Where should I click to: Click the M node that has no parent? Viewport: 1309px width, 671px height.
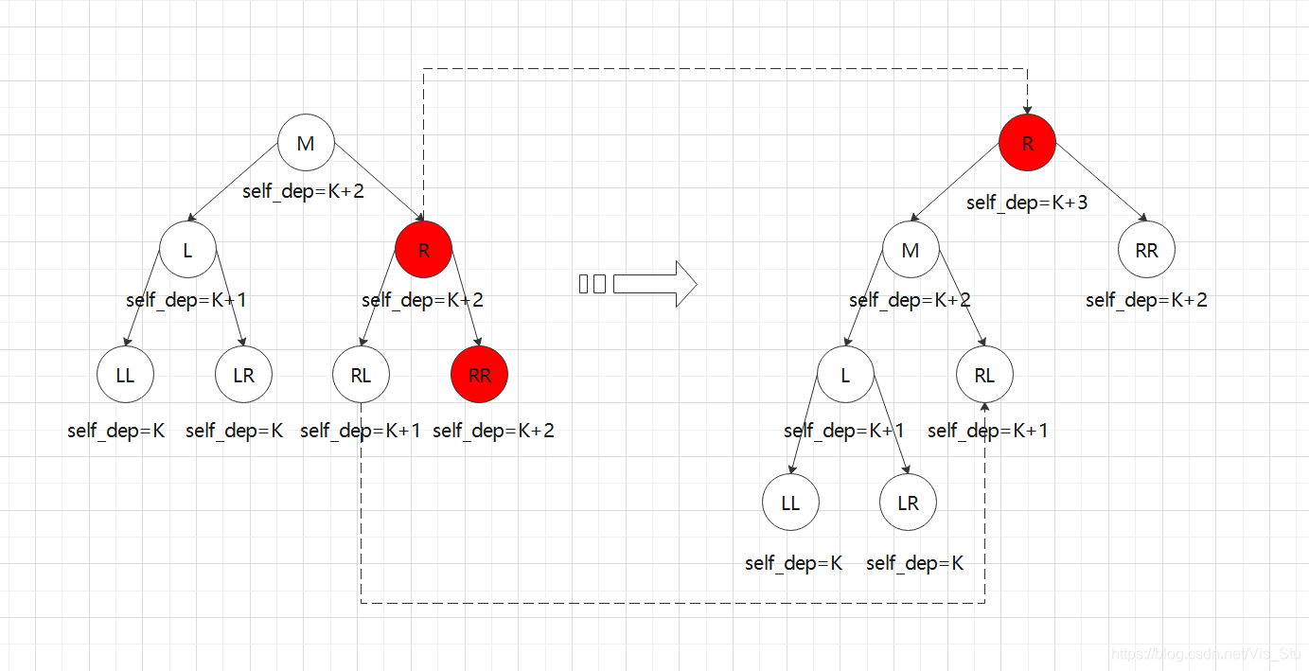306,143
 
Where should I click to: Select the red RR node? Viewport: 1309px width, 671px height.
480,375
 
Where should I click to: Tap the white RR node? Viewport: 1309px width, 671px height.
1146,251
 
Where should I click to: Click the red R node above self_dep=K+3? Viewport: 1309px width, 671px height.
1027,143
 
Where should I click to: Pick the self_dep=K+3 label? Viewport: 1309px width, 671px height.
1027,202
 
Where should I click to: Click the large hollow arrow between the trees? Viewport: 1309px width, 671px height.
655,284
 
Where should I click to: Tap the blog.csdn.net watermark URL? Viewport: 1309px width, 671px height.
1206,654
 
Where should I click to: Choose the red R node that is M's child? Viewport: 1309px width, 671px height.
423,251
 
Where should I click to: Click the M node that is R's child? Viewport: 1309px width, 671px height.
911,251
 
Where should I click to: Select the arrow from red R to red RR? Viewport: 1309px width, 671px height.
466,311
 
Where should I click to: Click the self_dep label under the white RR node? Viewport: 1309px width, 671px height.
1146,300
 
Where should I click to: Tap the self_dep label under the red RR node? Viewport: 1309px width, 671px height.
493,431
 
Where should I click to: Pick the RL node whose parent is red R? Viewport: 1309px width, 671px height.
361,375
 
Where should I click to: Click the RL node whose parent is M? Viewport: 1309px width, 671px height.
984,375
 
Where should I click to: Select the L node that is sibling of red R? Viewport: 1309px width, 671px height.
187,251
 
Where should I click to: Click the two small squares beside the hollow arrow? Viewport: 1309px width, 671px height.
593,283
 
